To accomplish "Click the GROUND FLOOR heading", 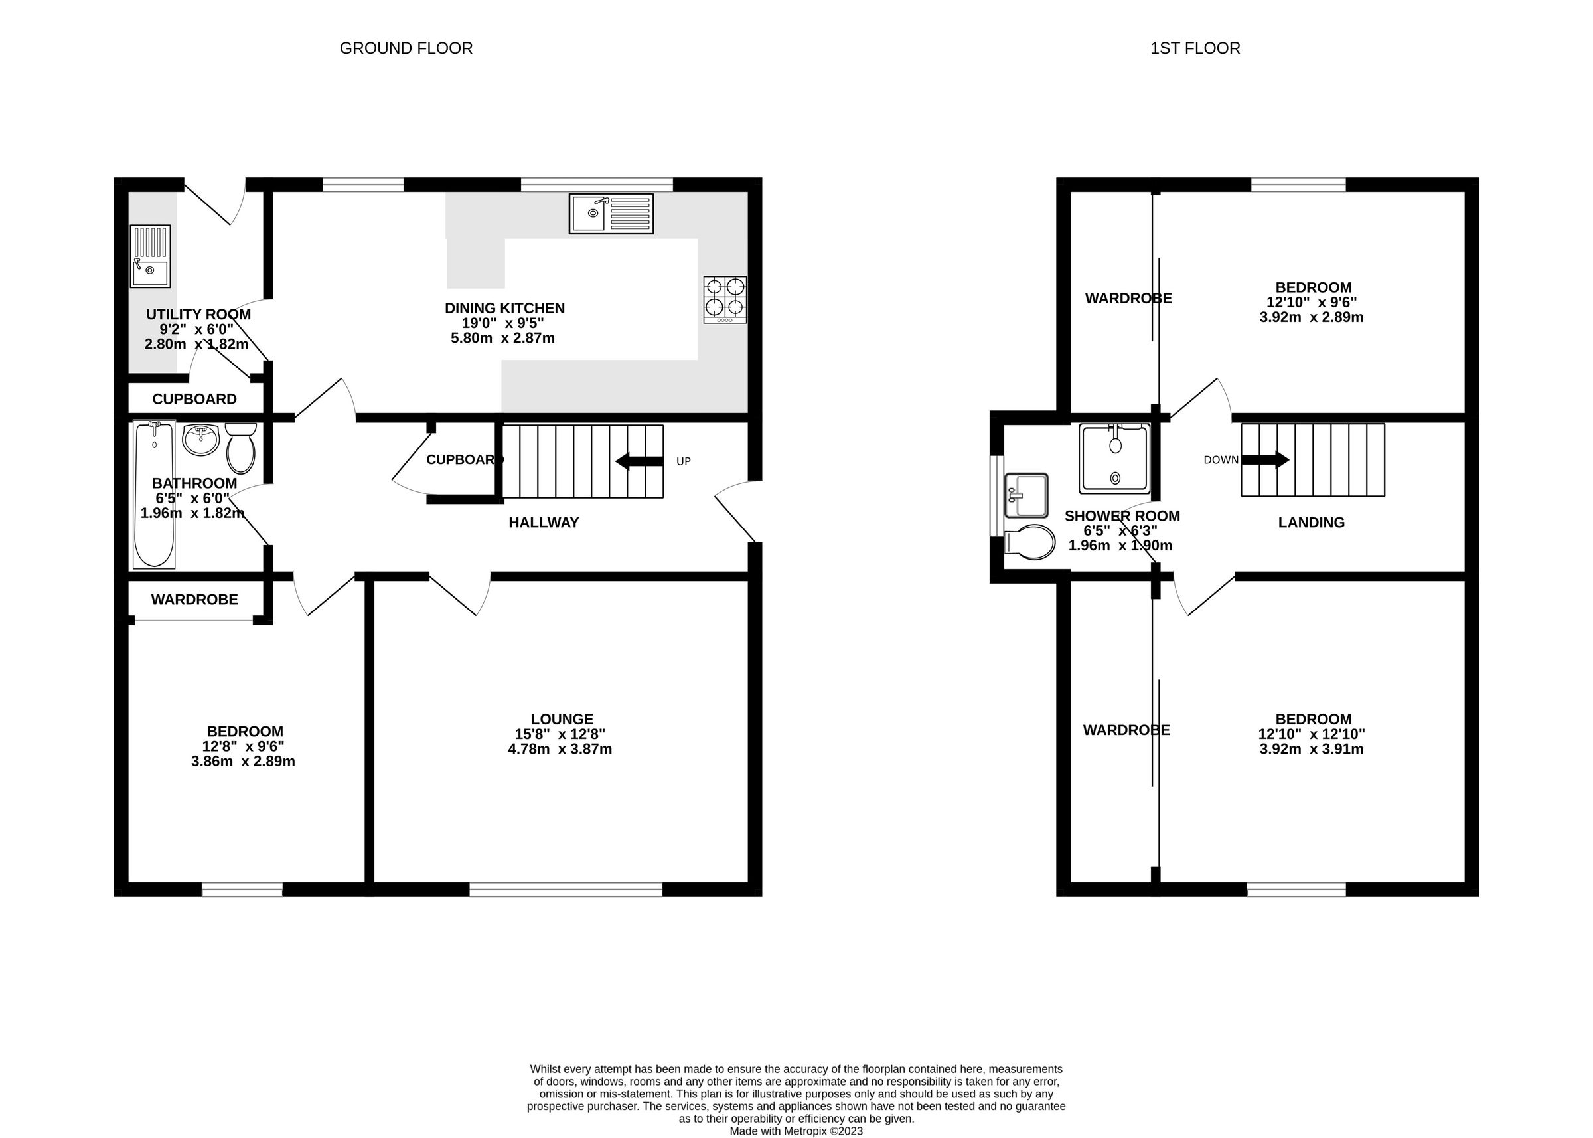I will [406, 48].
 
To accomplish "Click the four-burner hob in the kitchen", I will [725, 299].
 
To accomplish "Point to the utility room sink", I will [150, 256].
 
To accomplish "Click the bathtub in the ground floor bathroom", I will [154, 494].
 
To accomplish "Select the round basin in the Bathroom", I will [202, 440].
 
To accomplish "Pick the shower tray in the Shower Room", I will [1114, 458].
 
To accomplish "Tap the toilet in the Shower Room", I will [1031, 542].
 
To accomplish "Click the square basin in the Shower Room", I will [1025, 495].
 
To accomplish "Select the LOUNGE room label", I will [561, 719].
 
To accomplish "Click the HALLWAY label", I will [544, 522].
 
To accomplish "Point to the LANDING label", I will [1311, 522].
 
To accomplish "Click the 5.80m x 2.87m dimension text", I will [502, 338].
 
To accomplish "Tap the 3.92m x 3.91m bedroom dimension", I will [1311, 748].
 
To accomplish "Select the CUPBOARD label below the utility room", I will [194, 400].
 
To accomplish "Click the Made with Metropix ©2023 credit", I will [796, 1131].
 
